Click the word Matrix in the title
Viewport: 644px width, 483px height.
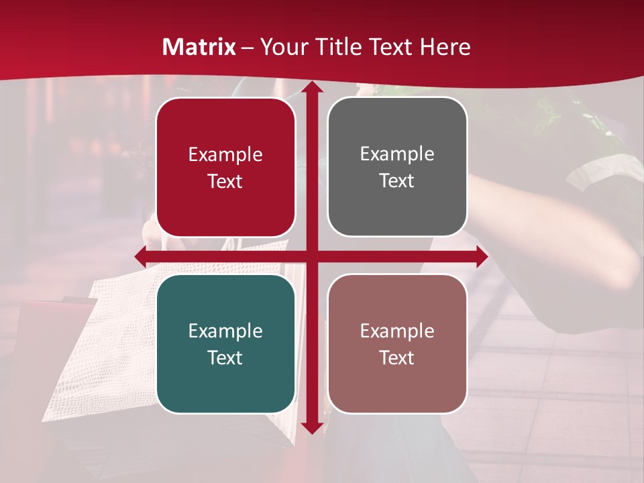point(199,47)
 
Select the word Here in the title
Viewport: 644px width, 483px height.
point(445,47)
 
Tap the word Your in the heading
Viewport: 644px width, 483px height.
point(282,47)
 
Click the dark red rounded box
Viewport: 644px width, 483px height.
point(225,209)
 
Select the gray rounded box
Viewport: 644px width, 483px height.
point(397,209)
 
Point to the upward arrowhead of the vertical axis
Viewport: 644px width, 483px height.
point(311,87)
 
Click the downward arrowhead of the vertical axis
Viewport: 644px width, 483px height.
point(311,427)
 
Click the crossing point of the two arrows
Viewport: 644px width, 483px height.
point(311,256)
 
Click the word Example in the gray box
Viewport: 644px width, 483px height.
point(397,154)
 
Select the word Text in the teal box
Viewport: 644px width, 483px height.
point(225,358)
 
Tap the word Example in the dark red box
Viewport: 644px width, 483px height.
point(225,155)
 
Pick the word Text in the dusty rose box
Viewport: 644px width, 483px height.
point(397,358)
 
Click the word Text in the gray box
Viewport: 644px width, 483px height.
point(397,180)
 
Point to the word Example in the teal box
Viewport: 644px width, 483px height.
point(225,331)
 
